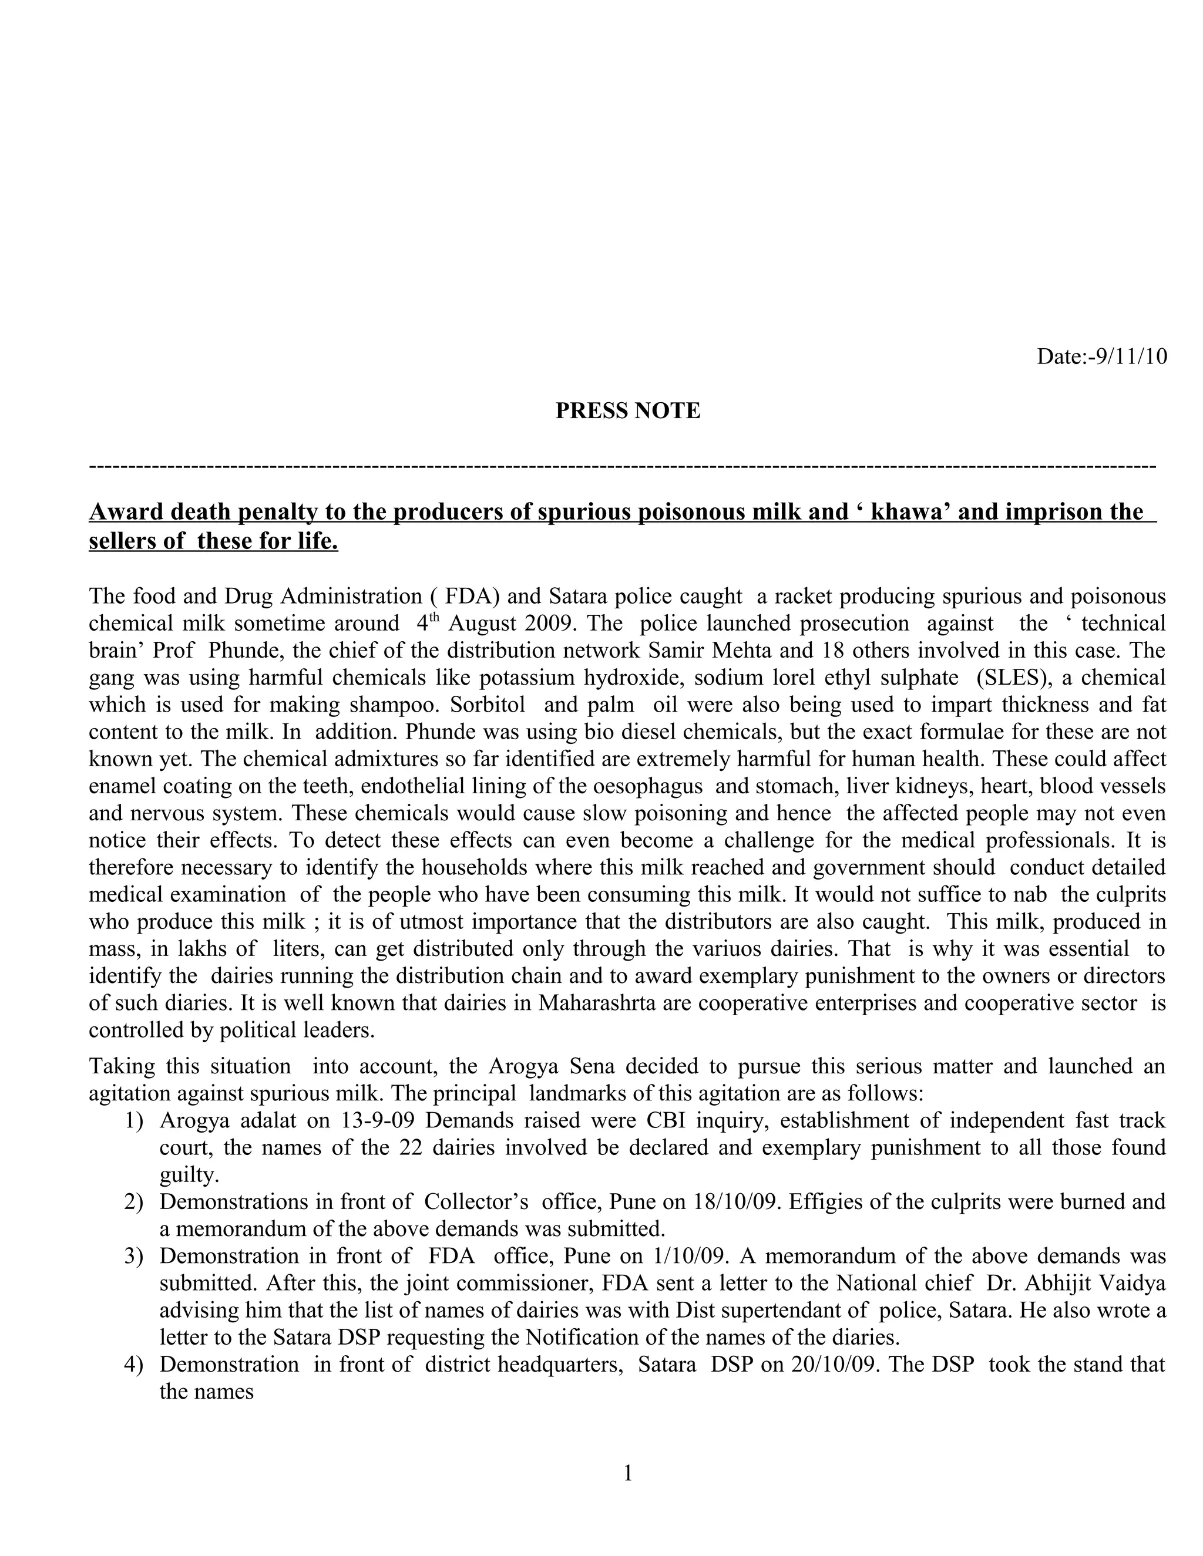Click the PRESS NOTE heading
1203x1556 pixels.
pos(628,411)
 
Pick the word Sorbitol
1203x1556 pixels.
pos(489,705)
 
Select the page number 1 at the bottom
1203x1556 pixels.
pos(628,1473)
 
